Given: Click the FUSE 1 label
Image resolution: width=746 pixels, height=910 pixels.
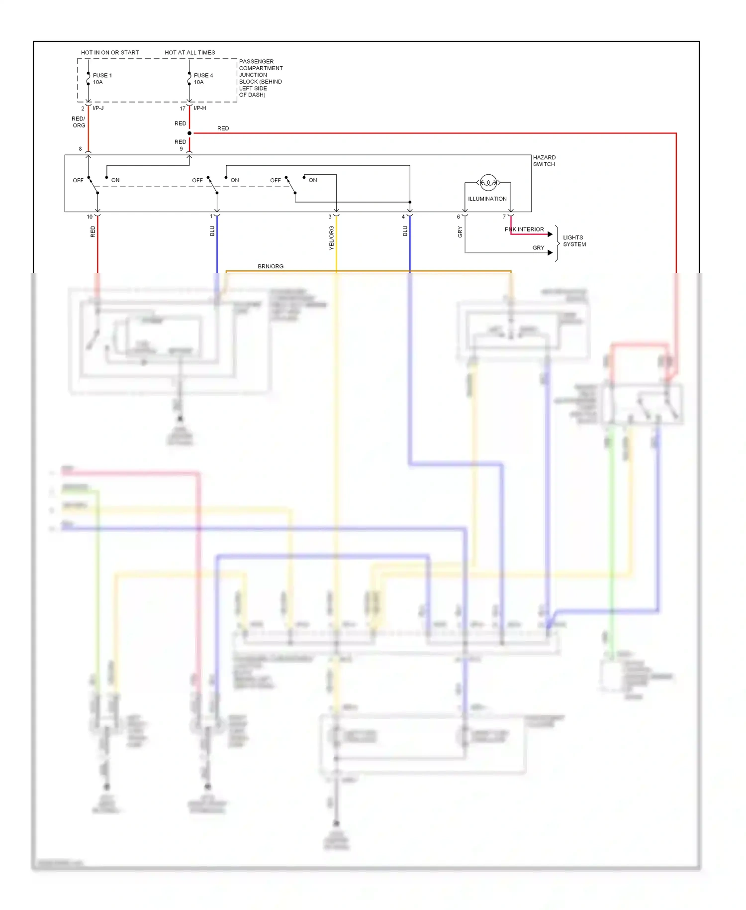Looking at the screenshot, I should pos(102,76).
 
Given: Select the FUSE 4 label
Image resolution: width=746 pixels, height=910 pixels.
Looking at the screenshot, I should pos(203,76).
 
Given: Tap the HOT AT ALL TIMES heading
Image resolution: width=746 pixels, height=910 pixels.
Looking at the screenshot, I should pos(189,52).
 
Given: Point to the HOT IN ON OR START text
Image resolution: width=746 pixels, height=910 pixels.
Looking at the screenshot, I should pos(110,52).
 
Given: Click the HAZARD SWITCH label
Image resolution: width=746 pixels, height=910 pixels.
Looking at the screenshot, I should pos(544,161).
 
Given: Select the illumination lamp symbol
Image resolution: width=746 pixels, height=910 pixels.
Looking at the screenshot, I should pos(488,183).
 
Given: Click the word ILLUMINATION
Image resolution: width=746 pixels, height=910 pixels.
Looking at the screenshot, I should pos(487,199).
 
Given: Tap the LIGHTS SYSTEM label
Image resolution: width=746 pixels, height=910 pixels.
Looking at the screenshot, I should pos(574,241).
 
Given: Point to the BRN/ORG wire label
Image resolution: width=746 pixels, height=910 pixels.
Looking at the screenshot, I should pos(271,266).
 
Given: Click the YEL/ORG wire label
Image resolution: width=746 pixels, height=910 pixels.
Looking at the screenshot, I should pos(332,237).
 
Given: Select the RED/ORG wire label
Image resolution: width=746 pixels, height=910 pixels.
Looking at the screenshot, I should pos(79,122).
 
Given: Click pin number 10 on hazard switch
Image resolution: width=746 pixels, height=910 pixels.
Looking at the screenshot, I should pos(90,217).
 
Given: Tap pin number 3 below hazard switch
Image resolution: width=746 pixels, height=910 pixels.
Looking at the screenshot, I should pos(330,217).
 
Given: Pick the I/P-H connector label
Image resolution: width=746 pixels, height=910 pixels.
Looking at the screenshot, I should pos(199,108).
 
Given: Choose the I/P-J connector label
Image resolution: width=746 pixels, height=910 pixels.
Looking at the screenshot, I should pos(98,108).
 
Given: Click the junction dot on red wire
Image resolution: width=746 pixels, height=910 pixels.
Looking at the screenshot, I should pos(189,133).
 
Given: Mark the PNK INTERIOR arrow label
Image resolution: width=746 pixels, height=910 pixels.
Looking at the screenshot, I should pos(524,229).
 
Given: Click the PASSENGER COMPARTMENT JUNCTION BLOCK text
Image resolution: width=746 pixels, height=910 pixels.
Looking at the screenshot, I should pos(260,78).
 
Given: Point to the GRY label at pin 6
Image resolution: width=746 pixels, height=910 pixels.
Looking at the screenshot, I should pos(460,231).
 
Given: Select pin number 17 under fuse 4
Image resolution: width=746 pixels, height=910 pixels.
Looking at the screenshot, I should pos(183,109).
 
